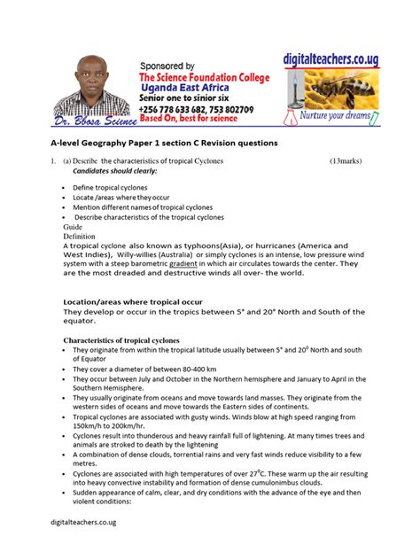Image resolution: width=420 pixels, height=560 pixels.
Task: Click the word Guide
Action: [71, 227]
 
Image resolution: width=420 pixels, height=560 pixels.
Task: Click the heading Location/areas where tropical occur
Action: [136, 301]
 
